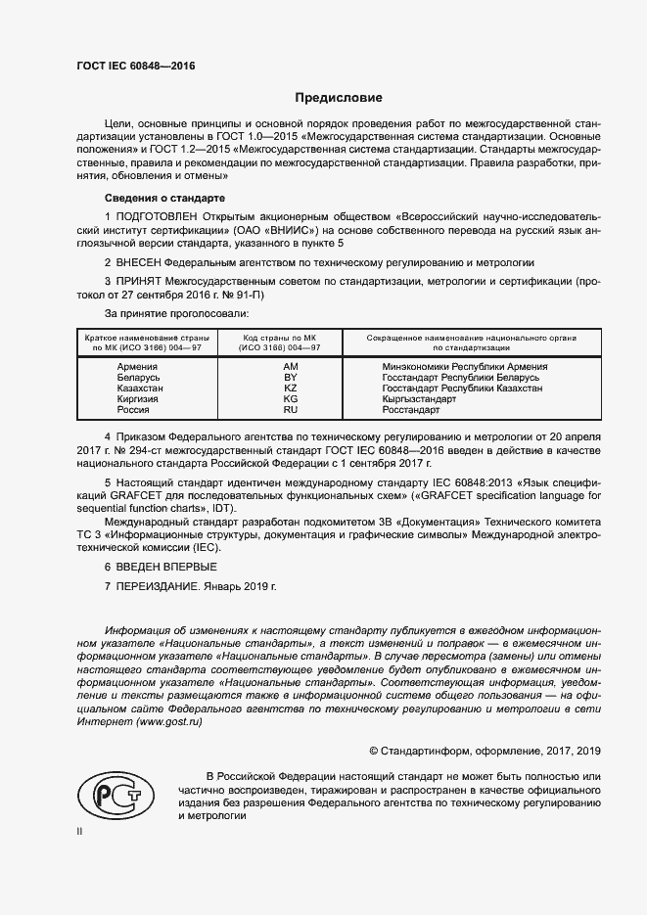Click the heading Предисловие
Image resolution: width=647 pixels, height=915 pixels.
coord(340,98)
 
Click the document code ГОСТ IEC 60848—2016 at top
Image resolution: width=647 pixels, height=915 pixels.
coord(136,66)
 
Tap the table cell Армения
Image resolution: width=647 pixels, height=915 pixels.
coord(137,366)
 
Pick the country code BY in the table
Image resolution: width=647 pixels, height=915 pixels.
coord(290,377)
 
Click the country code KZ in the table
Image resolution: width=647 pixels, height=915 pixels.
coord(290,389)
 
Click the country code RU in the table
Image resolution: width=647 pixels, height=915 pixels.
coord(290,411)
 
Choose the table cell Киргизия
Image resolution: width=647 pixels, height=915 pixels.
coord(137,399)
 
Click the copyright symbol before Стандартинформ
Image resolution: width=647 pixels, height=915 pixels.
coord(373,751)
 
